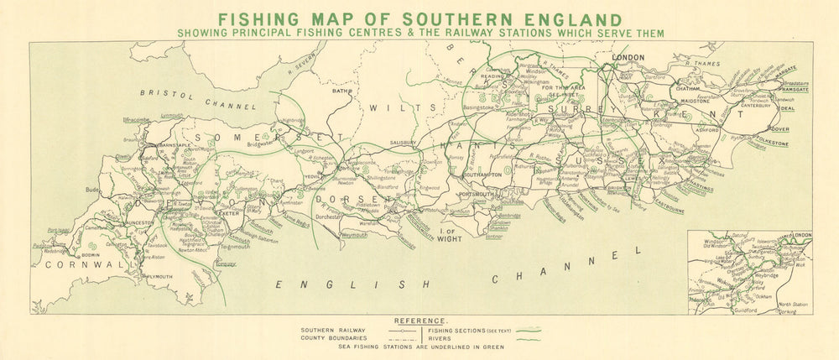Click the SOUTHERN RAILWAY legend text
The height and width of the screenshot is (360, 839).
pos(330,331)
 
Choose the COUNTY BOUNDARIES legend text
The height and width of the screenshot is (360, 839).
pos(332,338)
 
